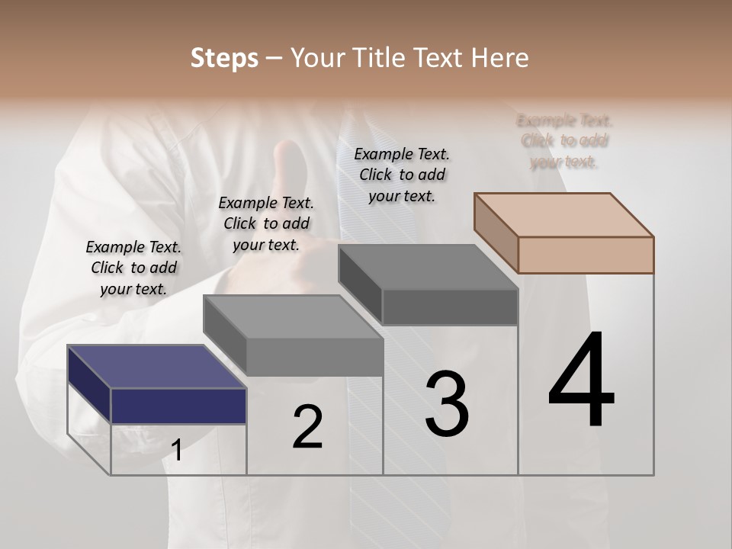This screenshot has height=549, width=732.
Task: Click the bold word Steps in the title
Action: (224, 58)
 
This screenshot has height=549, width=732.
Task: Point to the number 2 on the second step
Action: (307, 426)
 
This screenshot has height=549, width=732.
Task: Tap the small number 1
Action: (177, 451)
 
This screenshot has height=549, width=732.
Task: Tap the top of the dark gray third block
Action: (428, 267)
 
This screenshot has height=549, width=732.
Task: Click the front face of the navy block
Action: (178, 406)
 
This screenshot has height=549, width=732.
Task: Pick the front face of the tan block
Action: (586, 255)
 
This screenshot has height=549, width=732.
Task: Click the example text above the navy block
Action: (133, 268)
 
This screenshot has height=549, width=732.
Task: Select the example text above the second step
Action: (266, 223)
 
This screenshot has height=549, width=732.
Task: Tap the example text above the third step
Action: (402, 175)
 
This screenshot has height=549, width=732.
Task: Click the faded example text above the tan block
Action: (564, 141)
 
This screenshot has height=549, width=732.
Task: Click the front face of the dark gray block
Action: (450, 307)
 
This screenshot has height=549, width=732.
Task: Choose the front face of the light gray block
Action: (315, 357)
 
